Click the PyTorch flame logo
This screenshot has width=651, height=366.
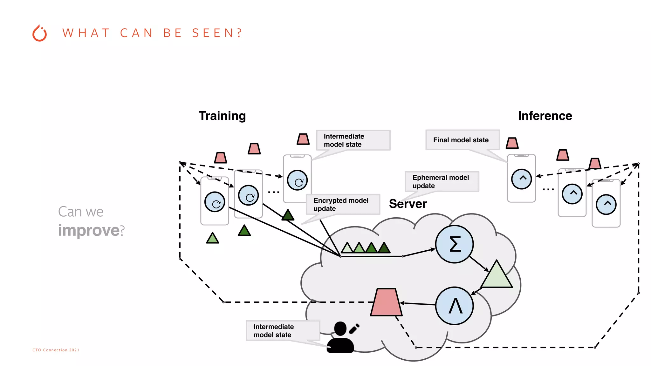[40, 33]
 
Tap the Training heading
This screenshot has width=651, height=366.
[222, 116]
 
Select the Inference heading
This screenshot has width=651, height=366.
[545, 116]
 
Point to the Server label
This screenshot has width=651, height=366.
[408, 204]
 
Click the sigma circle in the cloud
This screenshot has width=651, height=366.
[455, 244]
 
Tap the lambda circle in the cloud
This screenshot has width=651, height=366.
[455, 306]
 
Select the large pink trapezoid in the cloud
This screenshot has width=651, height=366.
[386, 302]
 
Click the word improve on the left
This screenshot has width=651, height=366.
[89, 230]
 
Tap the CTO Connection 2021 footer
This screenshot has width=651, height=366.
[56, 350]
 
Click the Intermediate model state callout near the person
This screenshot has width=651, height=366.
[283, 331]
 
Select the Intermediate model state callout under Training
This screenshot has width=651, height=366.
[353, 140]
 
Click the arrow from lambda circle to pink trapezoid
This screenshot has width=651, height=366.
[418, 304]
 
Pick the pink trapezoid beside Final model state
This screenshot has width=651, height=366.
[512, 143]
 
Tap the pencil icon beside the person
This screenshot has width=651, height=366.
[354, 329]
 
